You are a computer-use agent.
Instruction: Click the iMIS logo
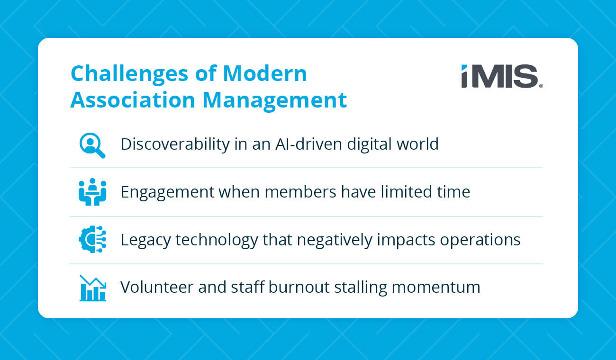click(502, 77)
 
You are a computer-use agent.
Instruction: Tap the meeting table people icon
click(92, 192)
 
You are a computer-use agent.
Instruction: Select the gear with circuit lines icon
click(92, 240)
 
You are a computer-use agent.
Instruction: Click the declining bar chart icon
click(92, 288)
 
